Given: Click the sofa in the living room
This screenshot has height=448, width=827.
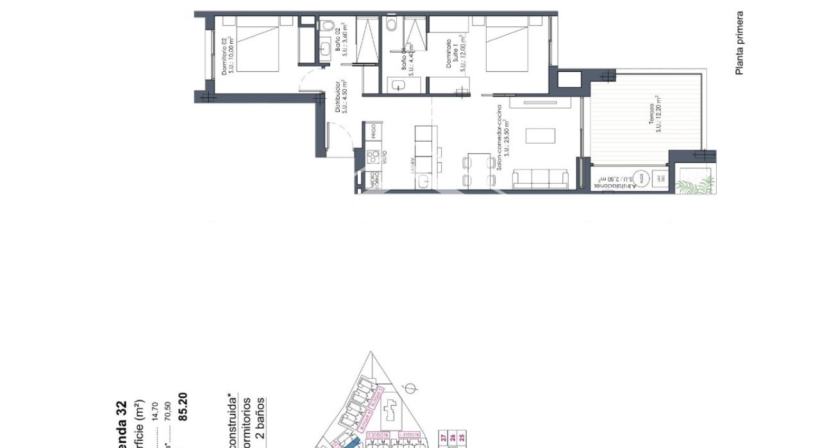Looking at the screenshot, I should (x=540, y=179).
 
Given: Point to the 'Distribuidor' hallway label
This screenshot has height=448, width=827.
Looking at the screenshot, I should (x=341, y=96).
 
